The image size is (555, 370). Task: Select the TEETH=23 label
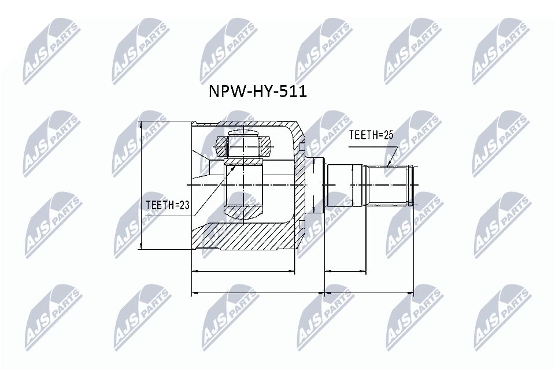pos(168,203)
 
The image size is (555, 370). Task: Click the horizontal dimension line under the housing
pos(243,271)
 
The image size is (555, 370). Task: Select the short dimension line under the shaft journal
pos(346,271)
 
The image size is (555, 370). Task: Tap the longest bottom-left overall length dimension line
pos(258,293)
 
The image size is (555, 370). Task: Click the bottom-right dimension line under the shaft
pos(369,293)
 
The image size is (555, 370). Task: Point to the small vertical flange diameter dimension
pos(312,185)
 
